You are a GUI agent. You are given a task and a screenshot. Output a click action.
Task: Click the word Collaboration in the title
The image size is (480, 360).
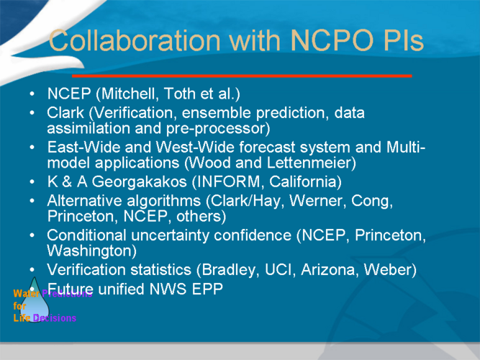click(x=135, y=40)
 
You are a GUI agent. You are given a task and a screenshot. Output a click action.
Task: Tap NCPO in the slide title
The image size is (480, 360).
click(x=332, y=40)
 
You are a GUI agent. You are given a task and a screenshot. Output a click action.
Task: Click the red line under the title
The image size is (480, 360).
click(x=242, y=76)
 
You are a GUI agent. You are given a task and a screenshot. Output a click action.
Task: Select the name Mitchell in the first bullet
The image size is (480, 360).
click(x=130, y=94)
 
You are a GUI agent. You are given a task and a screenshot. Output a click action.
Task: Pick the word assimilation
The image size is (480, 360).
click(x=89, y=128)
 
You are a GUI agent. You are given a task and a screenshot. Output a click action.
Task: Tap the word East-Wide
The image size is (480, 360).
click(x=83, y=147)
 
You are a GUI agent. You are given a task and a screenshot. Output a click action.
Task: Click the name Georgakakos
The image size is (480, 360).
click(x=139, y=181)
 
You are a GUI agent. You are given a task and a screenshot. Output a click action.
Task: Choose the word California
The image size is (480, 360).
click(x=302, y=181)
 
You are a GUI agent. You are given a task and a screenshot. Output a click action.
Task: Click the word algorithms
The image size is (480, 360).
click(x=164, y=201)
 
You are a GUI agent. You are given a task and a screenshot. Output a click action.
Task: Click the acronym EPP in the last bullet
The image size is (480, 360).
click(x=207, y=289)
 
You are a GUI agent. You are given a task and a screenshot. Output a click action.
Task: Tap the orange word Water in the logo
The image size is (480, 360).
click(x=27, y=294)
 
